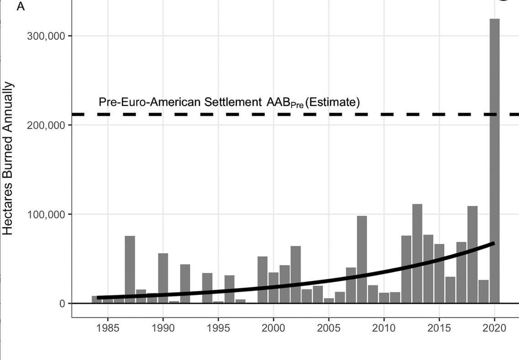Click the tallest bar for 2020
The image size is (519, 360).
click(x=494, y=160)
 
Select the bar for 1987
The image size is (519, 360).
click(x=130, y=270)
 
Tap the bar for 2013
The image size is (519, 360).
click(x=417, y=254)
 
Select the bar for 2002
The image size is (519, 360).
click(x=296, y=275)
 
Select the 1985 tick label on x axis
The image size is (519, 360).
click(x=108, y=328)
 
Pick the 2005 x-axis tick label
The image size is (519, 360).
click(x=328, y=328)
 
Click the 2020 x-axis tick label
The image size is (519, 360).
click(x=494, y=328)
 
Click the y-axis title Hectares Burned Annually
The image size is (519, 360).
click(x=9, y=159)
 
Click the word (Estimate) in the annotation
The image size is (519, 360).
click(x=332, y=102)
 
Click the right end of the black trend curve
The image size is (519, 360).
click(x=493, y=243)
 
